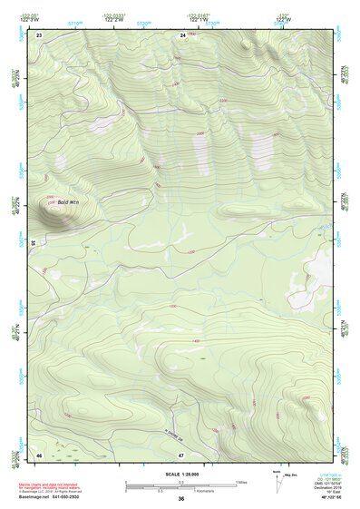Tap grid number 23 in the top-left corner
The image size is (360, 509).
pyautogui.click(x=39, y=34)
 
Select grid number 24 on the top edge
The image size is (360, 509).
pyautogui.click(x=182, y=34)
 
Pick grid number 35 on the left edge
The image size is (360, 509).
pyautogui.click(x=33, y=243)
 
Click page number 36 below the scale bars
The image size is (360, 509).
pyautogui.click(x=181, y=499)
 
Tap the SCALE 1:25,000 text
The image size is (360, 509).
pyautogui.click(x=181, y=475)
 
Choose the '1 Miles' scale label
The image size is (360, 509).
pyautogui.click(x=240, y=482)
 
